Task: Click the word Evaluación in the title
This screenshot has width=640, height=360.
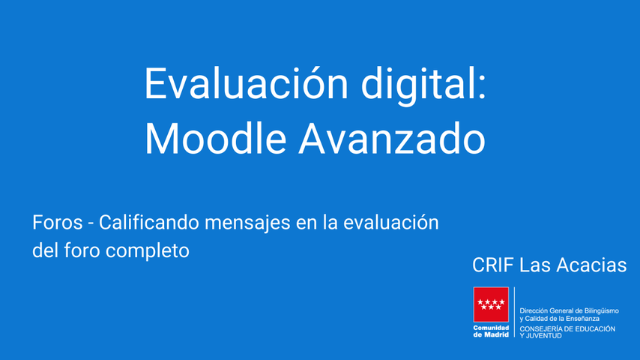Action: pos(247,83)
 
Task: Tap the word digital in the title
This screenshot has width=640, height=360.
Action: pos(417,85)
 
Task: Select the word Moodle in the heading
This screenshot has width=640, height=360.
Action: pos(216,138)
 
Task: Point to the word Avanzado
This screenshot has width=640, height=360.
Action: pos(392,138)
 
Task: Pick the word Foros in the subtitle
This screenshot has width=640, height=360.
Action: pos(58,223)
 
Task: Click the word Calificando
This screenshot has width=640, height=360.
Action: pos(149,223)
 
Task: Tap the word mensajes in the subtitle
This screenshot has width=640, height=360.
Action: pos(248,224)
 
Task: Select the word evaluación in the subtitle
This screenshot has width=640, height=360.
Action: pos(391,223)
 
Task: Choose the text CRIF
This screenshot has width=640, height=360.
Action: pos(492,265)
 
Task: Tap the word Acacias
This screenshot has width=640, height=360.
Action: pos(591,265)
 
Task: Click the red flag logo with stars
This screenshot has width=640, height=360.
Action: pos(491,304)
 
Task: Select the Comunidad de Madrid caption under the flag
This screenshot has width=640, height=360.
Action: pos(491,331)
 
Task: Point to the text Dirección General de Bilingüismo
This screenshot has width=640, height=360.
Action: pos(569,311)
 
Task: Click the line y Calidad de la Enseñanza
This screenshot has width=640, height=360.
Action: pos(560,319)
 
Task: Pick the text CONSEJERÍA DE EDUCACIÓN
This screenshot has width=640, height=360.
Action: pos(567,329)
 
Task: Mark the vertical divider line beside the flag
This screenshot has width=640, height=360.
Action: pos(514,313)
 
